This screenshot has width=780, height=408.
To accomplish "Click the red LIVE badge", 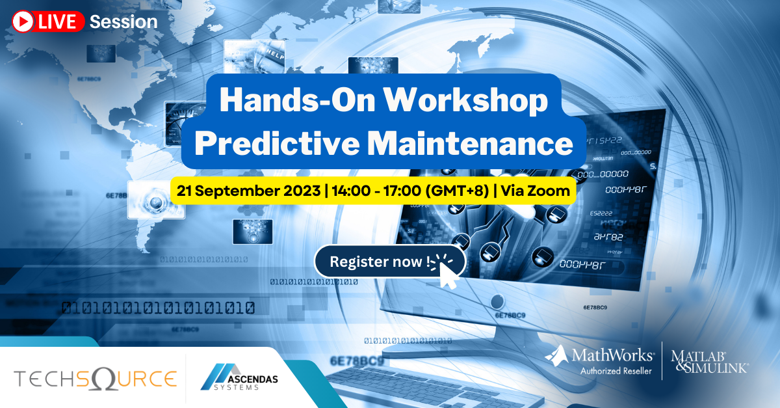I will (49, 21).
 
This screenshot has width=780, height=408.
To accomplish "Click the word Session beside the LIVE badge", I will (123, 21).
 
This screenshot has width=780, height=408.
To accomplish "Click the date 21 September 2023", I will (246, 192).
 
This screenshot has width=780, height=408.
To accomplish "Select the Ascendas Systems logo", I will (235, 378).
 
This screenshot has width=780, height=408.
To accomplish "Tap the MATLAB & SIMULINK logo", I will (709, 360).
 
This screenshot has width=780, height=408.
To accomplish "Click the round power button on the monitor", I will (497, 301).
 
